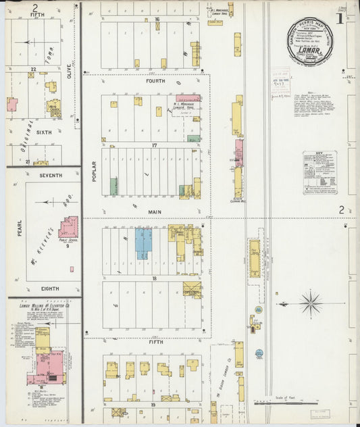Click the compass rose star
[x=311, y=303]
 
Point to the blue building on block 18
[x=144, y=243]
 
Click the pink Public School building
[x=69, y=228]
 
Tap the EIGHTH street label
[x=49, y=289]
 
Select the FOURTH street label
[x=156, y=80]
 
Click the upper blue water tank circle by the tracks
[x=259, y=309]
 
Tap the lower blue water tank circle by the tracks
[x=259, y=353]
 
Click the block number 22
[x=32, y=69]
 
